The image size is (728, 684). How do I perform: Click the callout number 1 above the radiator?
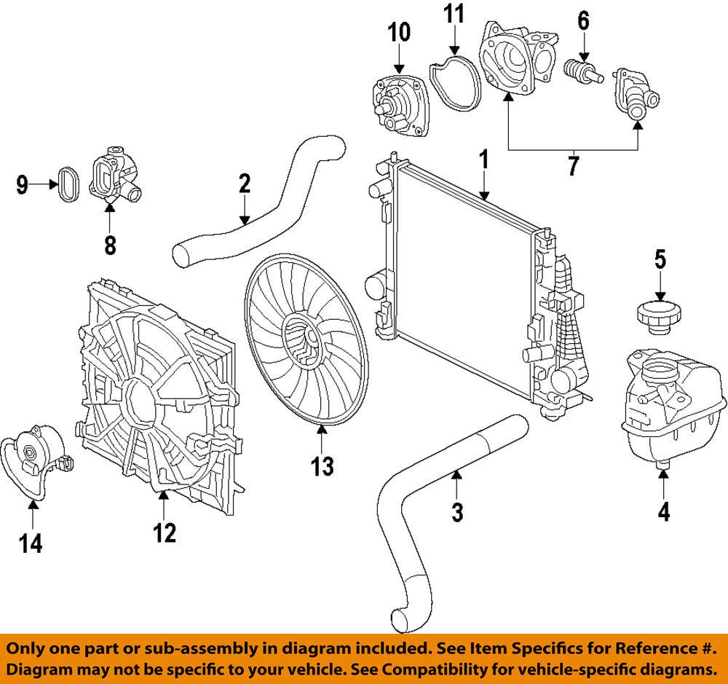click(x=483, y=161)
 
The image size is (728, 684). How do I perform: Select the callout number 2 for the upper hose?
click(x=244, y=184)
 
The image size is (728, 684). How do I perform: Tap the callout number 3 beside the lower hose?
click(x=456, y=512)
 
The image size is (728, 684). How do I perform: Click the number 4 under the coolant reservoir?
click(x=663, y=512)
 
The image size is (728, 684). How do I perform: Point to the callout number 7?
click(x=573, y=166)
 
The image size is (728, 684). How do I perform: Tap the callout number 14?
click(x=31, y=542)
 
